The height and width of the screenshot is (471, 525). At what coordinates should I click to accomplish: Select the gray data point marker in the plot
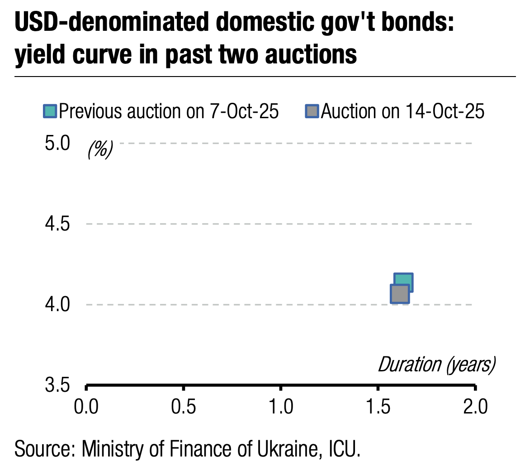click(399, 294)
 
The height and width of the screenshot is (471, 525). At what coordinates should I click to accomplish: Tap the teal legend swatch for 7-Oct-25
click(50, 111)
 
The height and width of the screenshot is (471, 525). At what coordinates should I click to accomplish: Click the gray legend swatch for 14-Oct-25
click(312, 111)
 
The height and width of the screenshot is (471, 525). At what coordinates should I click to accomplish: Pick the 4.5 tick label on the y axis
click(58, 224)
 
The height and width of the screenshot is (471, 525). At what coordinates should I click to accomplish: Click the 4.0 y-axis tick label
click(58, 304)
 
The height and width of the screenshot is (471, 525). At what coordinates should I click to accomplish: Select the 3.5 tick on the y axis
click(58, 385)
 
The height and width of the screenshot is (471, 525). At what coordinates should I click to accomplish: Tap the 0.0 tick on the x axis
click(86, 407)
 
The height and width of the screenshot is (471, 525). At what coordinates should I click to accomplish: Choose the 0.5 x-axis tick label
click(184, 407)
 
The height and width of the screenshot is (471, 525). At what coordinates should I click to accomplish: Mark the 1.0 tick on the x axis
click(281, 407)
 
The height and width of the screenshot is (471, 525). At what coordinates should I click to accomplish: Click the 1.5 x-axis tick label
click(378, 407)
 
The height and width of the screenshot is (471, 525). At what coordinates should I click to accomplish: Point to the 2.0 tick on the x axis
click(475, 407)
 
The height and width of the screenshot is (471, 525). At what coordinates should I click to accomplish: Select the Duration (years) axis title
click(436, 364)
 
